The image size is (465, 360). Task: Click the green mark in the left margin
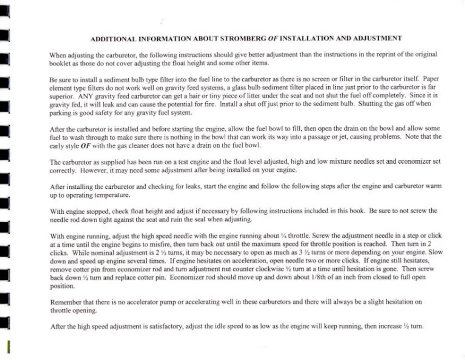tap(8, 347)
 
